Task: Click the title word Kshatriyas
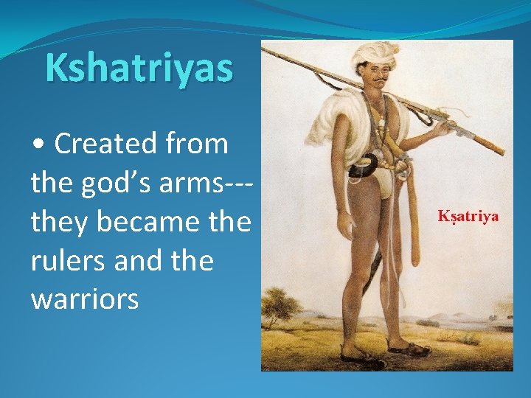point(139,68)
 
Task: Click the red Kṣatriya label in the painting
point(468,216)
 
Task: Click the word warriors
point(84,299)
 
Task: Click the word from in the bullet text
point(201,144)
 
